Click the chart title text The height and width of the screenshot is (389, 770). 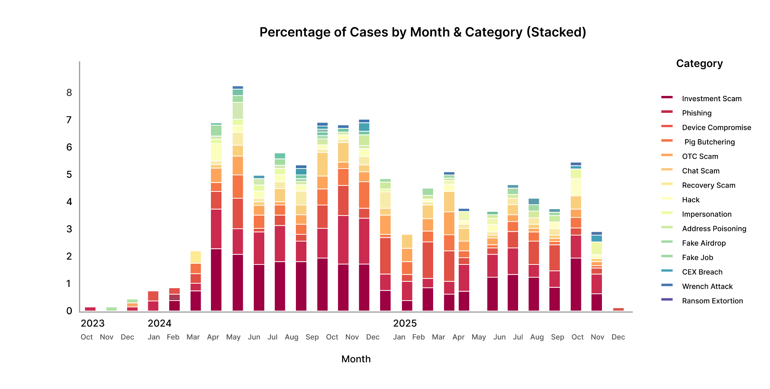pos(423,32)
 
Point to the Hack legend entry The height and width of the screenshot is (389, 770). pos(691,200)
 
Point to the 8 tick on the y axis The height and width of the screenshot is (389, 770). pos(69,93)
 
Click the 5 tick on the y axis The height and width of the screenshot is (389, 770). pos(69,175)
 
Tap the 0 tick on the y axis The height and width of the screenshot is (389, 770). pos(69,311)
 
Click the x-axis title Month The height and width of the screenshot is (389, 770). pos(356,359)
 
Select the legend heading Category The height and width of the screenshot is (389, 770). pos(699,64)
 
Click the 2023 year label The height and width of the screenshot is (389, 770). pos(92,324)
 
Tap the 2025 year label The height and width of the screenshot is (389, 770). pos(405,324)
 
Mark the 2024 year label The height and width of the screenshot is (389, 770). pos(159,324)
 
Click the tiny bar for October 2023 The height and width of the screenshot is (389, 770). pos(90,309)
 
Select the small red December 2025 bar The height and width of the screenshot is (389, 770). pos(618,309)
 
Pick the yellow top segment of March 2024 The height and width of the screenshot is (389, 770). pos(196,257)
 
